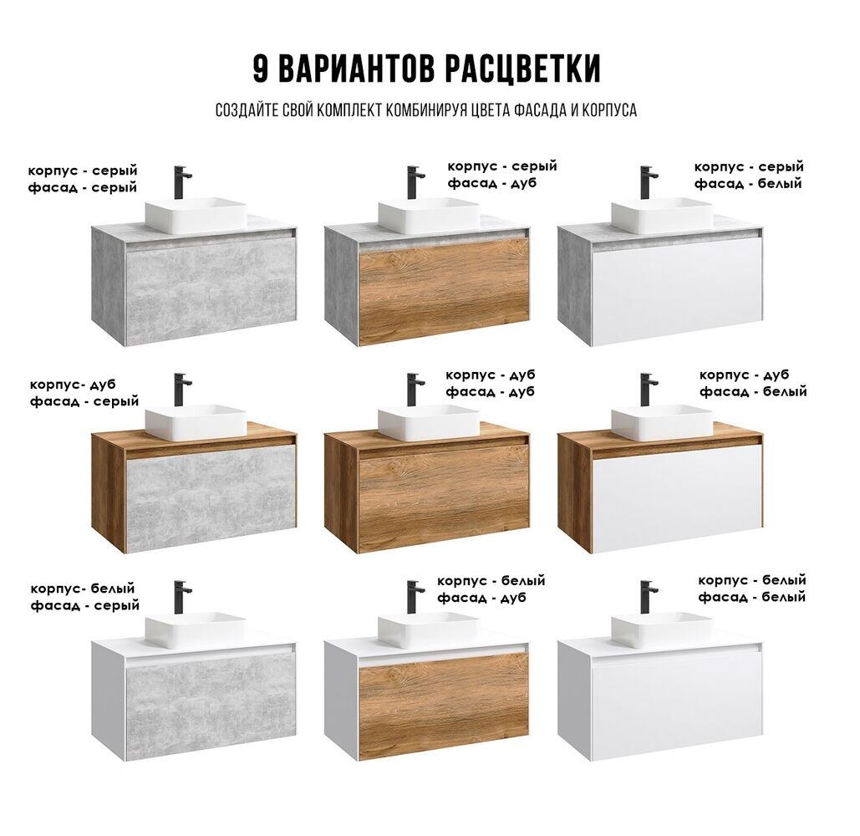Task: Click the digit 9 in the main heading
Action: pyautogui.click(x=261, y=69)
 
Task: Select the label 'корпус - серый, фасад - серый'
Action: pyautogui.click(x=83, y=180)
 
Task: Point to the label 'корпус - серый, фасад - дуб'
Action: pyautogui.click(x=502, y=175)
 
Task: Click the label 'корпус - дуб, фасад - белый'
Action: pyautogui.click(x=753, y=383)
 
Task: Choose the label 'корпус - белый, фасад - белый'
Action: pyautogui.click(x=752, y=589)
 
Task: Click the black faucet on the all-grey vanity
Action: pyautogui.click(x=182, y=183)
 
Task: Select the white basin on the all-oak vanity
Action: pyautogui.click(x=429, y=423)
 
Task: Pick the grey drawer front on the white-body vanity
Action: pyautogui.click(x=211, y=706)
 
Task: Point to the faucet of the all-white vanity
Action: pyautogui.click(x=649, y=598)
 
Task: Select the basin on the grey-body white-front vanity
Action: pyautogui.click(x=662, y=215)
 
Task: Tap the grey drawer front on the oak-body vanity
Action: pyautogui.click(x=211, y=498)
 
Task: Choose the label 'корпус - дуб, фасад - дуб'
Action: pyautogui.click(x=491, y=383)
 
